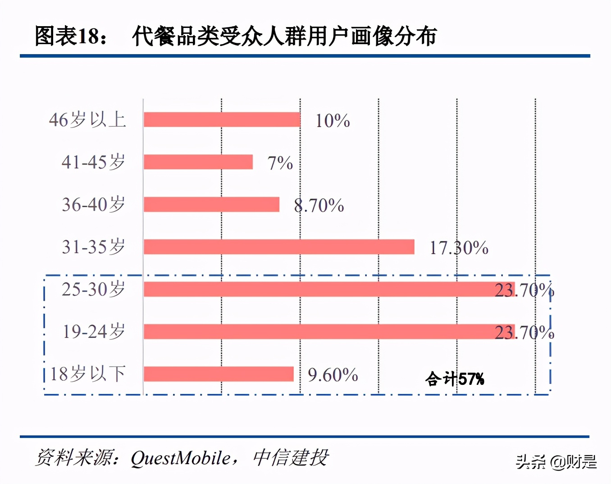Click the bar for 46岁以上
point(222,120)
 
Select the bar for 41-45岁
point(198,162)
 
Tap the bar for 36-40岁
point(211,204)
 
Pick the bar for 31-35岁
point(279,247)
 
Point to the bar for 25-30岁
point(329,289)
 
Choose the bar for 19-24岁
point(329,332)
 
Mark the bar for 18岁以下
point(219,374)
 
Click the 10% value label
point(333,121)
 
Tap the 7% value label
point(280,163)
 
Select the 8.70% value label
point(319,205)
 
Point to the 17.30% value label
point(459,248)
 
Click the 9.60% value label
point(333,375)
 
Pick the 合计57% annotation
point(455,379)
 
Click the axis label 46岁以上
point(87,120)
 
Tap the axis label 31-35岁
point(93,247)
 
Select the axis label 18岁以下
point(88,374)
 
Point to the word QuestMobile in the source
point(180,458)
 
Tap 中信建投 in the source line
point(291,458)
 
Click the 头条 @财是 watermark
point(556,462)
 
